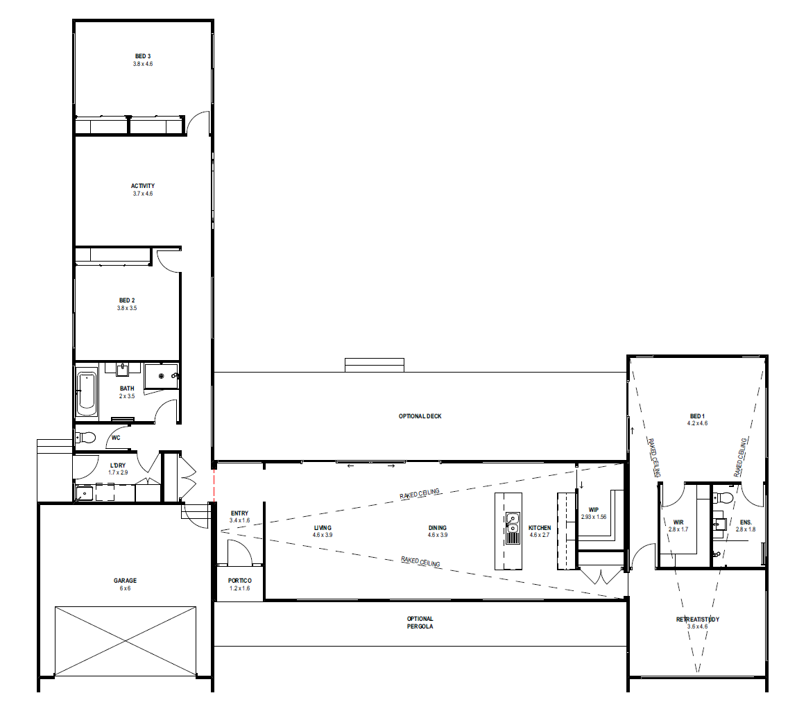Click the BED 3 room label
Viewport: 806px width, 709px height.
coord(143,56)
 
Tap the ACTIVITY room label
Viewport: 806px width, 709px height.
coord(142,186)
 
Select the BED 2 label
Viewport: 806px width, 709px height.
coord(127,300)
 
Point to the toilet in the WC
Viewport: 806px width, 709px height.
coord(86,438)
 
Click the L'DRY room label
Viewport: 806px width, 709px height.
coord(118,465)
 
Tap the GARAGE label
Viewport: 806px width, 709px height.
coord(125,581)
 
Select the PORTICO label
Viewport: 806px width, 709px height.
coord(239,581)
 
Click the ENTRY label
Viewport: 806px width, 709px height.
coord(239,513)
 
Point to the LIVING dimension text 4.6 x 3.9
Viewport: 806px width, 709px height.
coord(323,535)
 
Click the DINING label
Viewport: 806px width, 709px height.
coord(438,527)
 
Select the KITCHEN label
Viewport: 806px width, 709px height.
coord(539,527)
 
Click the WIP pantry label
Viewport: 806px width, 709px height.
coord(594,509)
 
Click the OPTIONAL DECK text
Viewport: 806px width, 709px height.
coord(420,416)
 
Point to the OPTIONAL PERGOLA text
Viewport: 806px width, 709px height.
coord(420,622)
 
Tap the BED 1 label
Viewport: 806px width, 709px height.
coord(697,416)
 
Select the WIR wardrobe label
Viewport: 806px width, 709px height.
coord(678,522)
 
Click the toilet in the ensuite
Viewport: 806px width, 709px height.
coord(723,497)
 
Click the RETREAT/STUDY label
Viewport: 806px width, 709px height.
coord(698,619)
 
